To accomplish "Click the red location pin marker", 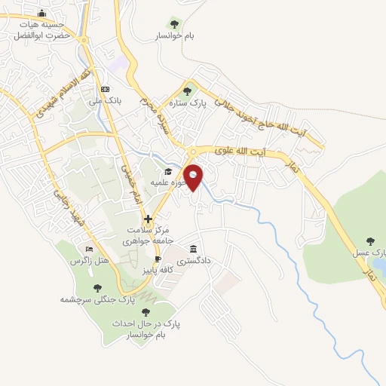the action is tap(194, 176).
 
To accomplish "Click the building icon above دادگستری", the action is tap(194, 249).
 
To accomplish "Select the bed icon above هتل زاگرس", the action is tap(90, 250).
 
